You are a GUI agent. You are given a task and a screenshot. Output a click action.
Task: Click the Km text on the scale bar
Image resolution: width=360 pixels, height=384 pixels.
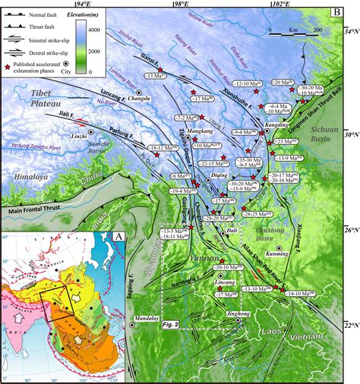pyautogui.click(x=292, y=30)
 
